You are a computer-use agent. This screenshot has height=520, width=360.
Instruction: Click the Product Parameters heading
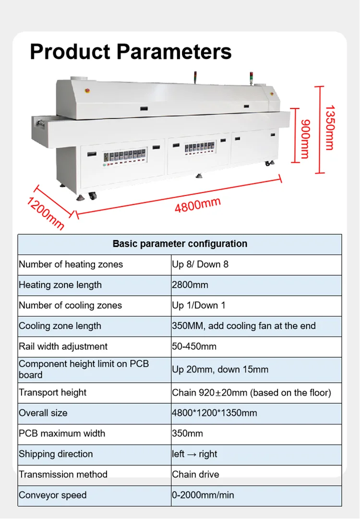tap(131, 51)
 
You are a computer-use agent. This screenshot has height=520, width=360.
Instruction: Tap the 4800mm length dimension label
tap(197, 205)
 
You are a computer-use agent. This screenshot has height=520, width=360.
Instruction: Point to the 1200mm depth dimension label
tap(45, 213)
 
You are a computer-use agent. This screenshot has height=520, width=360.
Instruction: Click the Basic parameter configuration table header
tap(180, 244)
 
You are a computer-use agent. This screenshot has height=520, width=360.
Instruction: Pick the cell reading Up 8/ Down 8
tap(200, 265)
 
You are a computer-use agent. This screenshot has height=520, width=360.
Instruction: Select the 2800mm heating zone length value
tap(190, 285)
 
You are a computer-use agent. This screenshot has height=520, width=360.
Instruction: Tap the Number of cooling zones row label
tap(70, 305)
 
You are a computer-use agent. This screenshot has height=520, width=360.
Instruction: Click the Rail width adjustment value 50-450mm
tap(194, 346)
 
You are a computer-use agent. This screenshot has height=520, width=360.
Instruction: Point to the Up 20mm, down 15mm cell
tap(220, 369)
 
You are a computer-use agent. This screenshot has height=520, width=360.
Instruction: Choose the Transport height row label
tap(52, 392)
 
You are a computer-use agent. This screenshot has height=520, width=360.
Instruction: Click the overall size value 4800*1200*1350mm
tap(214, 413)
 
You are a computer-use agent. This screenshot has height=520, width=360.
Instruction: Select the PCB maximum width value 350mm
tap(187, 434)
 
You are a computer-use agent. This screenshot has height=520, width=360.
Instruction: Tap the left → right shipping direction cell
tap(194, 454)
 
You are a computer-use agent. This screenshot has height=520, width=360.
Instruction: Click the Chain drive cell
tap(195, 474)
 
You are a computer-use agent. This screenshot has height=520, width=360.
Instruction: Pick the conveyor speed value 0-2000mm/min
tap(203, 495)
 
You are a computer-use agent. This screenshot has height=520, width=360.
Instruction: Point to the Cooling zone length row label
tap(60, 326)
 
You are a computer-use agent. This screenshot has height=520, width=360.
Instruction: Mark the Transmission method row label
tap(63, 474)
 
